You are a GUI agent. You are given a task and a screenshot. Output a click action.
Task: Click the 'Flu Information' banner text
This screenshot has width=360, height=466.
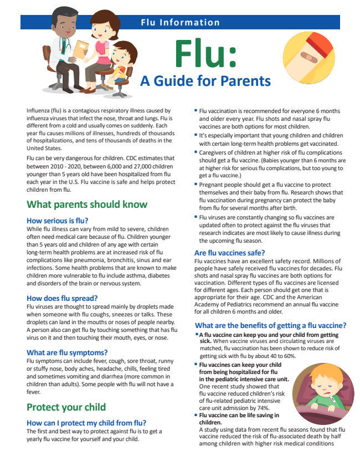[180, 22]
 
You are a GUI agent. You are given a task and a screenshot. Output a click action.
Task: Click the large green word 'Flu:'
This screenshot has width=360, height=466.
[205, 53]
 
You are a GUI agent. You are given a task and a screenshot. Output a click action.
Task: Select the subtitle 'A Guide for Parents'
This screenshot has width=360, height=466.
[205, 81]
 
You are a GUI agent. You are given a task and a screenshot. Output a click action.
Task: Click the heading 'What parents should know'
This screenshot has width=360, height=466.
[87, 204]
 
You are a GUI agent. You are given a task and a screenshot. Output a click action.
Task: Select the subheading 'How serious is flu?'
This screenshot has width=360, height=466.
[57, 220]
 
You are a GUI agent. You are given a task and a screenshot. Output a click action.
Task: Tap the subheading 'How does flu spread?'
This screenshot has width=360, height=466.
[62, 298]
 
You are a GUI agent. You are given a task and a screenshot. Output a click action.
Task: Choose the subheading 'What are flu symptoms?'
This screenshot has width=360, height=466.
[67, 352]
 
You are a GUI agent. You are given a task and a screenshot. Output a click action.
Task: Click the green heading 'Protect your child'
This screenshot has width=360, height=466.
[66, 407]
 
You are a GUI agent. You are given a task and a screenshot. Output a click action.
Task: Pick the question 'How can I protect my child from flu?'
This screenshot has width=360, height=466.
[86, 423]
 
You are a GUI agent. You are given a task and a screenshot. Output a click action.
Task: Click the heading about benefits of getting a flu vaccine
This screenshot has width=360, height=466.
[271, 325]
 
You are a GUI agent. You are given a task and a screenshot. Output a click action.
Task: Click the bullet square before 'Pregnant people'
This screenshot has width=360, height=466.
[196, 183]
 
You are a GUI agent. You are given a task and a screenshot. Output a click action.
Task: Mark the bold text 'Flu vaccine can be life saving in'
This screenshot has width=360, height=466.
[239, 415]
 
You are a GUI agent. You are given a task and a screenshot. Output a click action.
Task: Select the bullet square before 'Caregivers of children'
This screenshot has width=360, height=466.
[196, 151]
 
